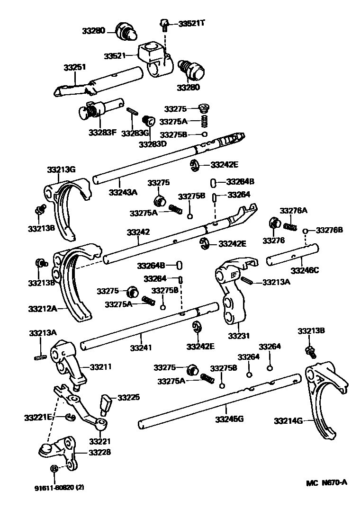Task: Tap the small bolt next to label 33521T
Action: tap(164, 22)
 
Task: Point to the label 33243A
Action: tap(123, 192)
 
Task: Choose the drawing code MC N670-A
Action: tap(326, 482)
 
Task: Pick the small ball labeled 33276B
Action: tap(306, 231)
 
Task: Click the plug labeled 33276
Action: tap(274, 224)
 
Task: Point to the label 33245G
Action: tap(230, 419)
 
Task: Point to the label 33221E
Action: tap(38, 417)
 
